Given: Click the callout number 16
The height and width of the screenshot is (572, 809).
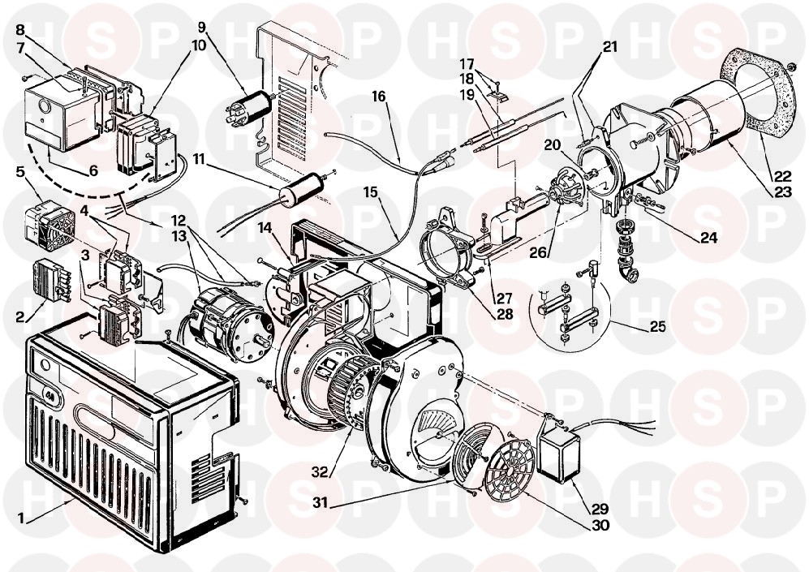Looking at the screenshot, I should (x=378, y=97).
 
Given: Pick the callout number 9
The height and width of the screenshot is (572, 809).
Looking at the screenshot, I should (x=201, y=25).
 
